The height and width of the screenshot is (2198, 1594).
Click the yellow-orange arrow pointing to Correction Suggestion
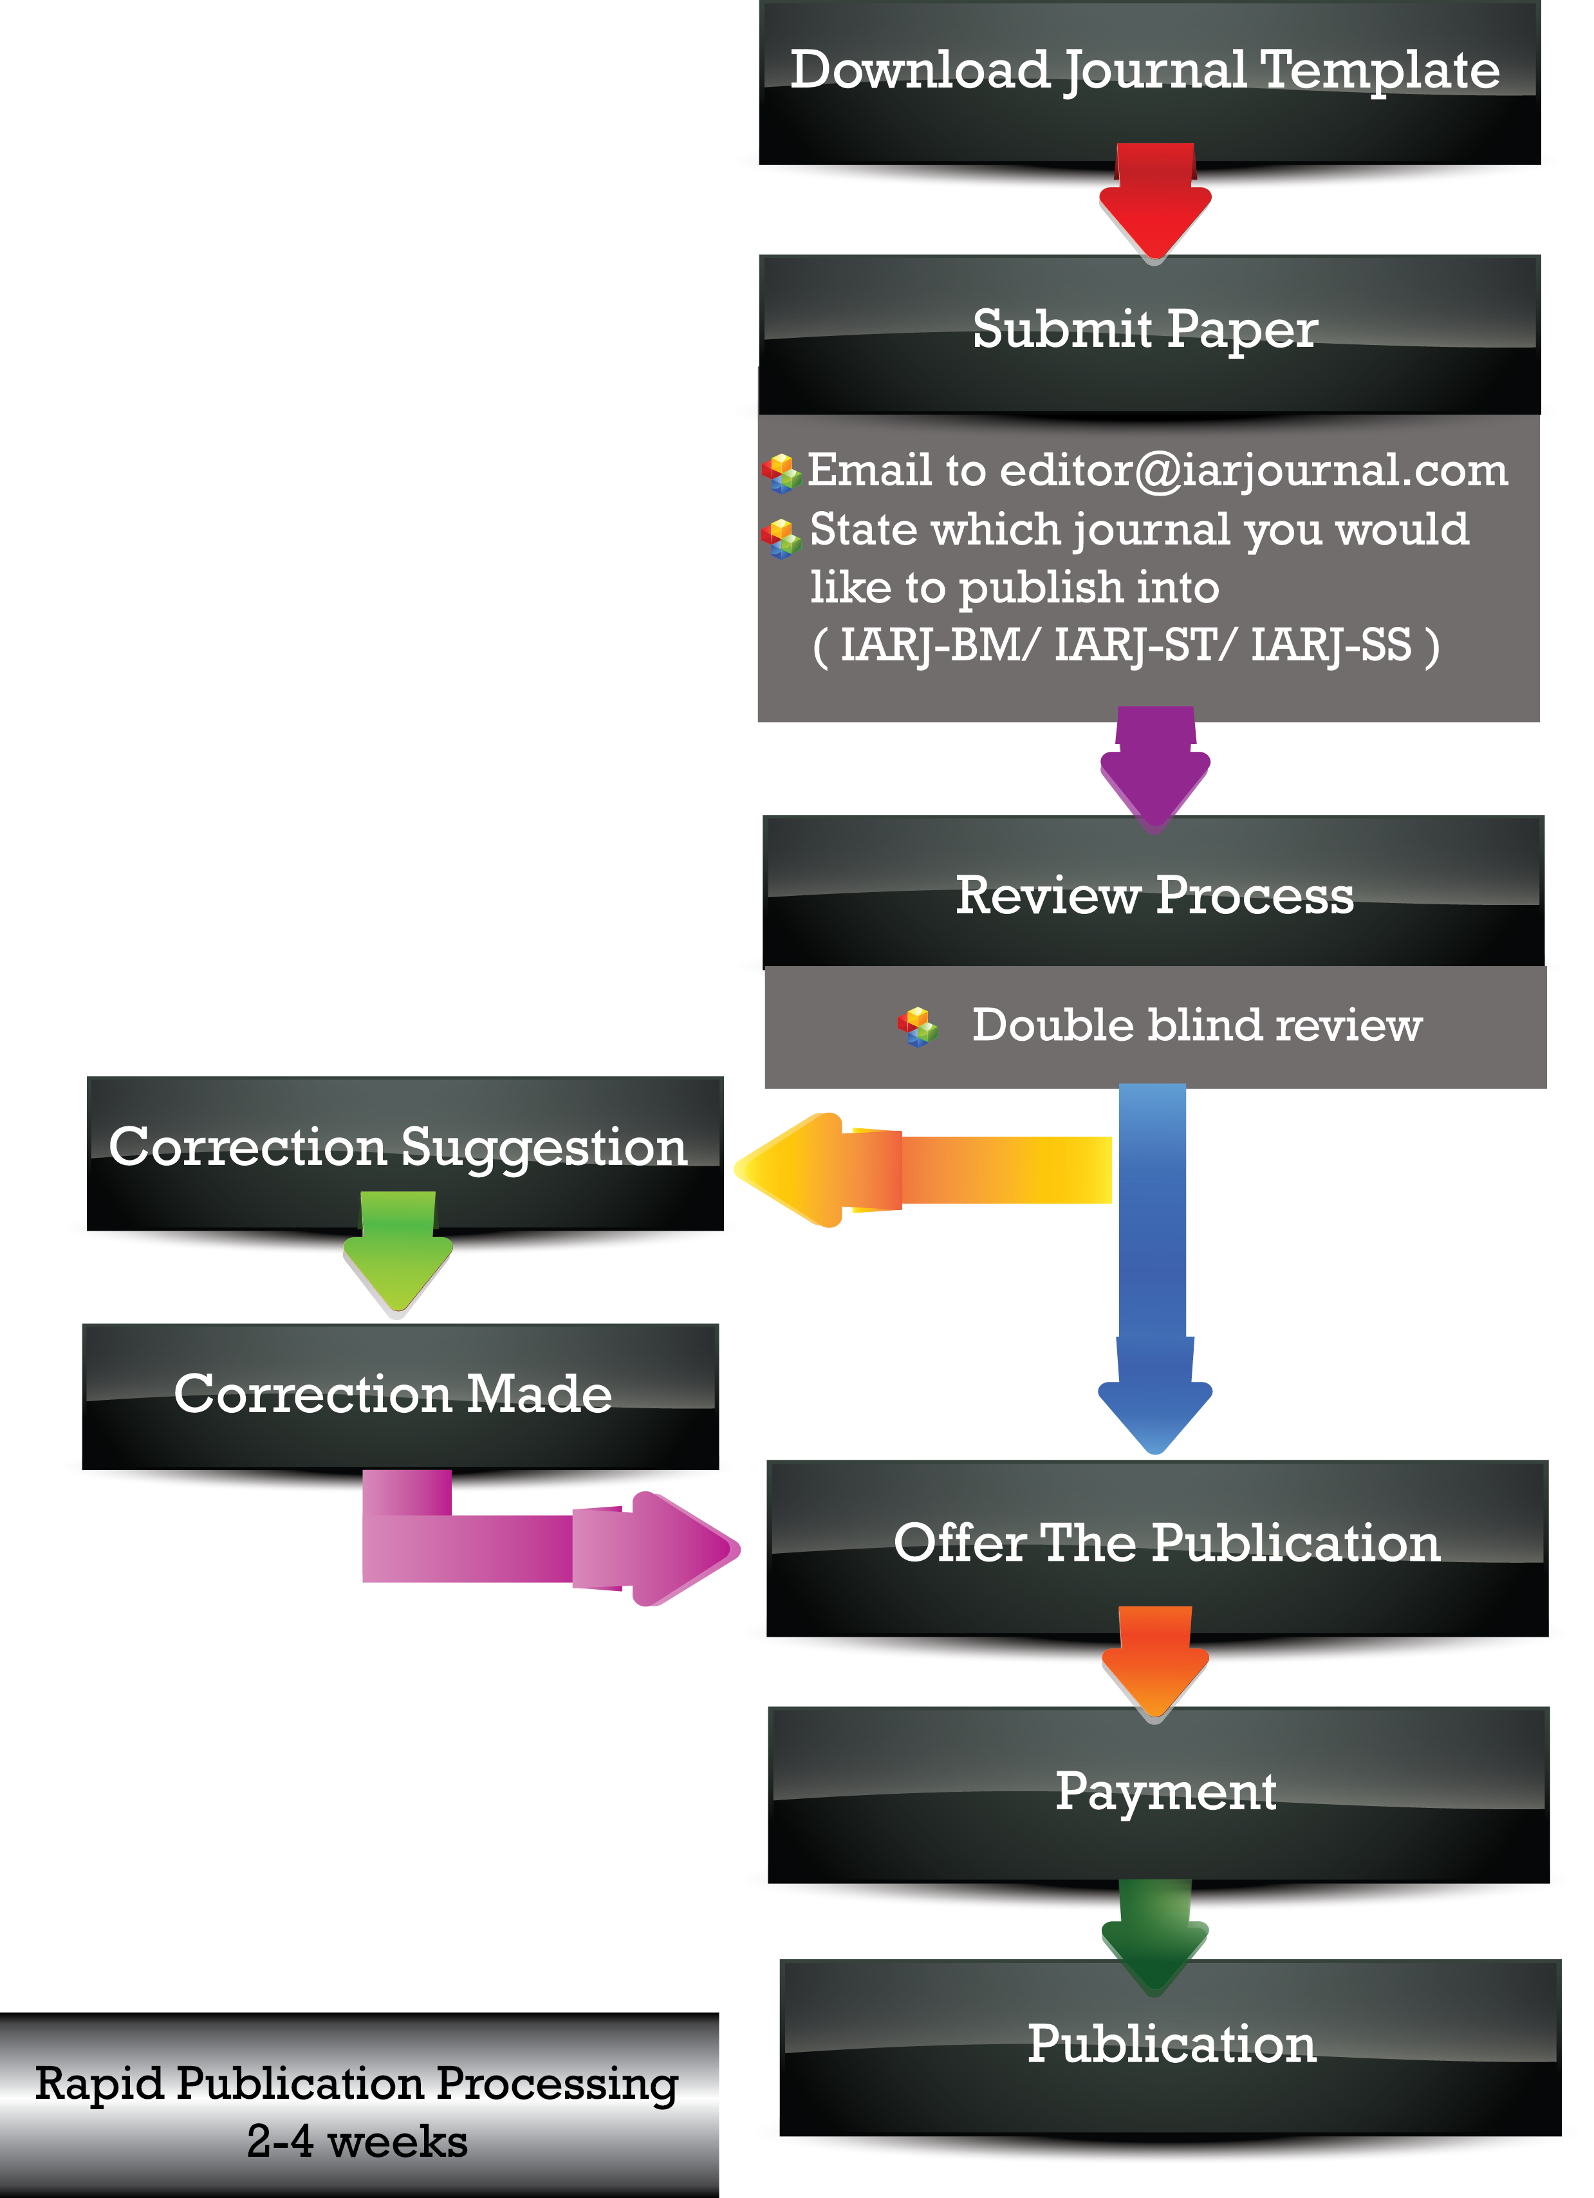(x=920, y=1169)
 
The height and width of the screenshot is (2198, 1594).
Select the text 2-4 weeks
(x=357, y=2142)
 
